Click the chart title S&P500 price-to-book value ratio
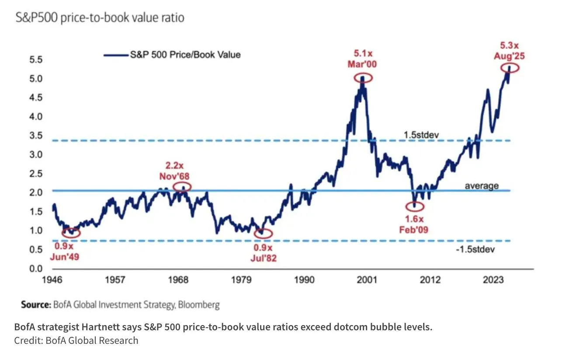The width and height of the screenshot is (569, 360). click(x=100, y=18)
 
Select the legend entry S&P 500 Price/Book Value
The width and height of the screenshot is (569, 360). click(x=184, y=55)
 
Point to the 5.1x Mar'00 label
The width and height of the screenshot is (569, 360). click(x=362, y=59)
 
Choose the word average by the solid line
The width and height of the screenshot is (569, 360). click(x=481, y=186)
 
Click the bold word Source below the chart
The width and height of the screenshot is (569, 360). click(x=36, y=305)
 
